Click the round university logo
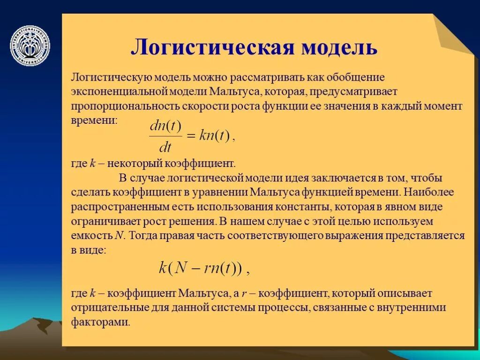click(x=30, y=45)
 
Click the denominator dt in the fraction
click(x=165, y=148)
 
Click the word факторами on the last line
click(x=100, y=322)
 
